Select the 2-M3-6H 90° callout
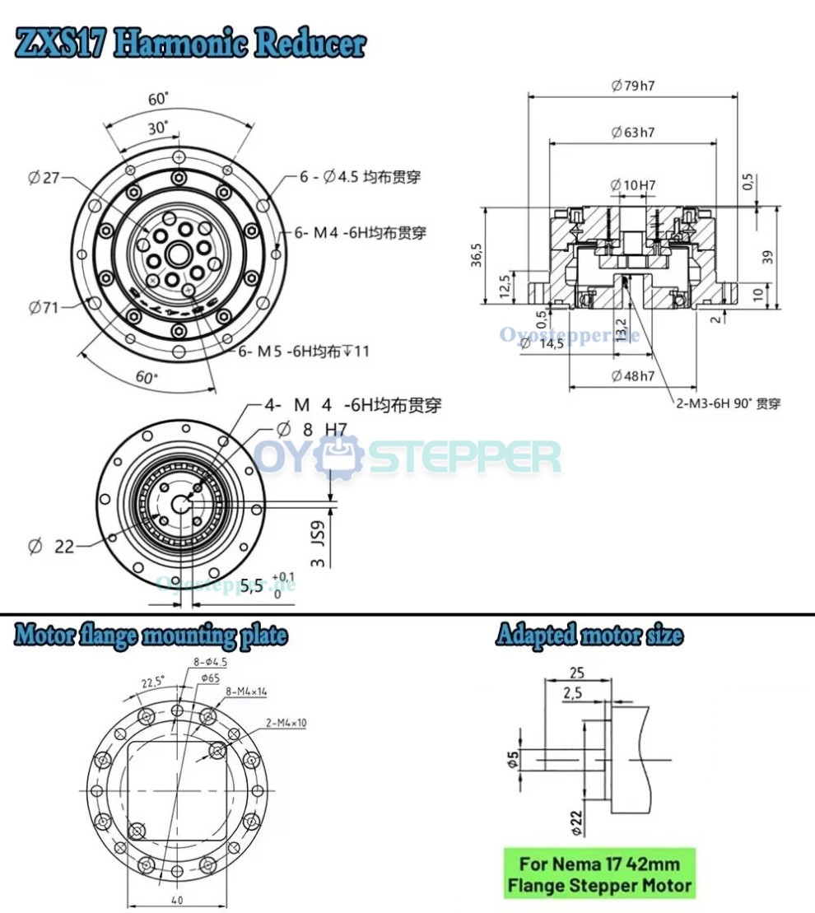pyautogui.click(x=724, y=403)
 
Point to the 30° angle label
pyautogui.click(x=157, y=128)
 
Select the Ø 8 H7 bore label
pyautogui.click(x=312, y=428)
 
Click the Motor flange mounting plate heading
pyautogui.click(x=151, y=636)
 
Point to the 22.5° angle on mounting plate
pyautogui.click(x=152, y=682)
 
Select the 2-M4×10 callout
pyautogui.click(x=286, y=723)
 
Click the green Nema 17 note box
pyautogui.click(x=599, y=875)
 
